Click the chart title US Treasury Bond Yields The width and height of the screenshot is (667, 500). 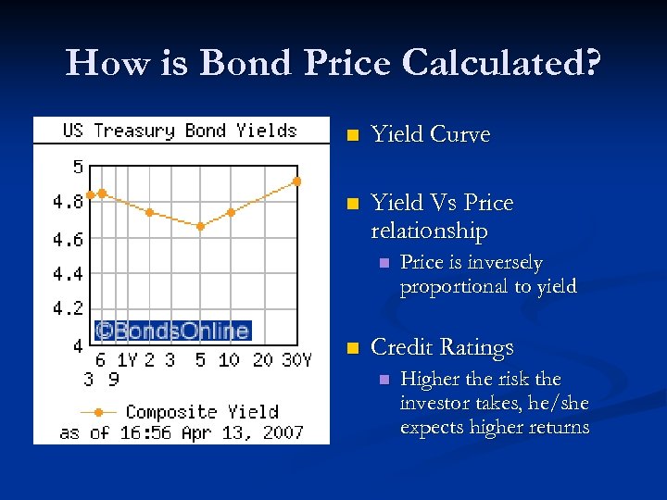(180, 131)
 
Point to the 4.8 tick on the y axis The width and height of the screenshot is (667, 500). (67, 202)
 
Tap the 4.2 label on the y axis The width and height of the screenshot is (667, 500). (67, 307)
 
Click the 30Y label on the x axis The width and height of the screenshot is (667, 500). (296, 360)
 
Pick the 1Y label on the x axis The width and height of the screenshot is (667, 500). (126, 360)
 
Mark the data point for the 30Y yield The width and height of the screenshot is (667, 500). (296, 181)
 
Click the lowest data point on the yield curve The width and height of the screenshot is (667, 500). (200, 226)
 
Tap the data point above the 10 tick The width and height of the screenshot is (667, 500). (231, 212)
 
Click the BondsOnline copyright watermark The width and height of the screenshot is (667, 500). (173, 331)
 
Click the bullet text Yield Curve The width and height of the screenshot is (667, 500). (430, 135)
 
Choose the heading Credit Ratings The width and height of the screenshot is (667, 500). (441, 348)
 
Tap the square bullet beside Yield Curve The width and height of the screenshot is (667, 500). (350, 136)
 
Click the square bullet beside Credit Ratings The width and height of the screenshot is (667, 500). (350, 349)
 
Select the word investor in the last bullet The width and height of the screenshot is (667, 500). (433, 404)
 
